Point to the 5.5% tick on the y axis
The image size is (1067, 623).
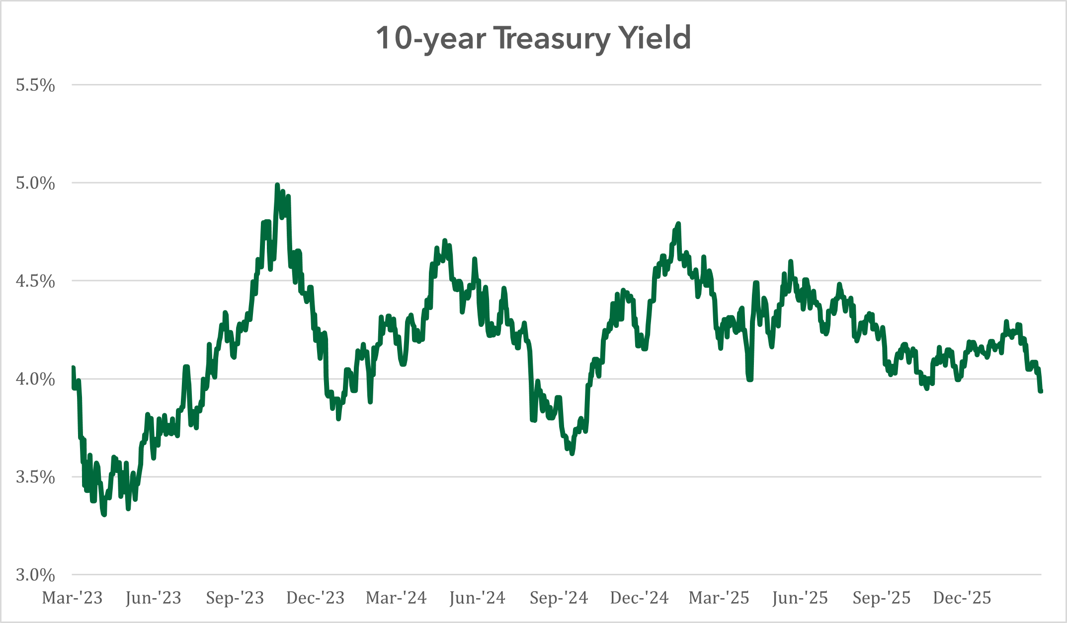coord(35,85)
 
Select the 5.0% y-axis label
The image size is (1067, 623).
coord(35,183)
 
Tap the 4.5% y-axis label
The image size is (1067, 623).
coord(35,281)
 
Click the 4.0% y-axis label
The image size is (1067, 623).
coord(35,379)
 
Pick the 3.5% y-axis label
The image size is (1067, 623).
coord(35,477)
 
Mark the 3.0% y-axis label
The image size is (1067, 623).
coord(35,575)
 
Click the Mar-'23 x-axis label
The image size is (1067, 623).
coord(73,598)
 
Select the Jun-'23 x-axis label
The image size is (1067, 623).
coord(154,598)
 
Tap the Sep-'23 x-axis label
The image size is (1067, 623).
coord(235,598)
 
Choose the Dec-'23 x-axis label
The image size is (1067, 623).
coord(316,598)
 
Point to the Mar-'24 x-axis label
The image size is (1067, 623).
coord(396,598)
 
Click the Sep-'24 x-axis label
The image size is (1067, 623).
coord(559,598)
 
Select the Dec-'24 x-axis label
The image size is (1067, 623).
coord(639,598)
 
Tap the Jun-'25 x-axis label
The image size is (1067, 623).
coord(800,598)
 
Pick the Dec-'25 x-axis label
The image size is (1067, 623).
coord(962,598)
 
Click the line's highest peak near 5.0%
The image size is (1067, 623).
coord(277,185)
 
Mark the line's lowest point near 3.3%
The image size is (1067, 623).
coord(104,515)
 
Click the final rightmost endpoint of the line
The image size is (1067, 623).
coord(1041,391)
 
